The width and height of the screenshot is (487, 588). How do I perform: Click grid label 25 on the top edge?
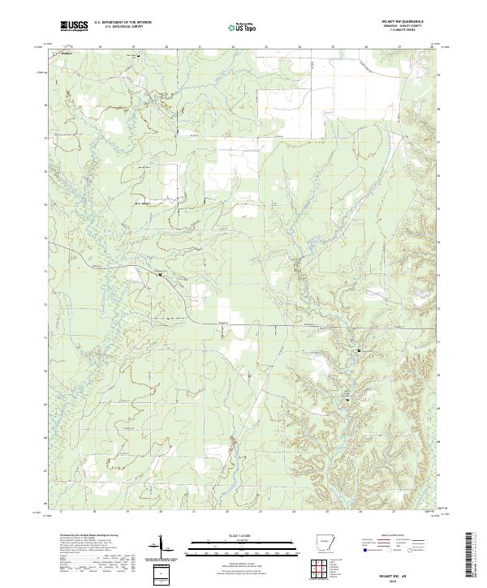pyautogui.click(x=333, y=48)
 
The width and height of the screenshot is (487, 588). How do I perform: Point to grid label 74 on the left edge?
pyautogui.click(x=45, y=238)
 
